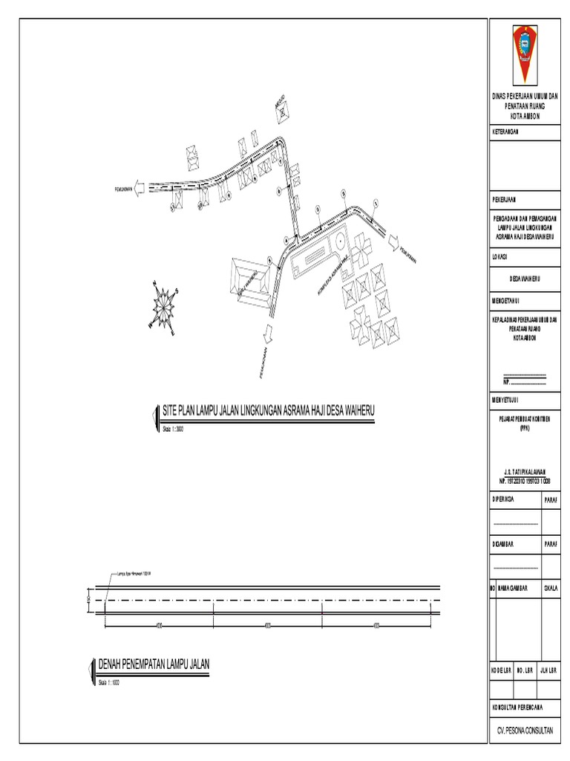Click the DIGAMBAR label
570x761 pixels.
click(x=505, y=543)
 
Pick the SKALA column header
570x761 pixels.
click(x=551, y=587)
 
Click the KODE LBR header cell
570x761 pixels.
click(x=502, y=670)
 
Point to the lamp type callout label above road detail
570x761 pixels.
click(x=134, y=574)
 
